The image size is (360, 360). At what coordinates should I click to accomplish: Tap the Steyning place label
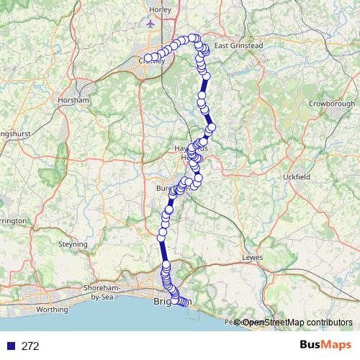[x=73, y=244]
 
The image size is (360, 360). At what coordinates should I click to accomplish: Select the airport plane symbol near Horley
[x=150, y=23]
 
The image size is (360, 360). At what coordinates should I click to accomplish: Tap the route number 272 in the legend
[x=30, y=346]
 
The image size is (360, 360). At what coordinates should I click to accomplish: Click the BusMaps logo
[x=325, y=346]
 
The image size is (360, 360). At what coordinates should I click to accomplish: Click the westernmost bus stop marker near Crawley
[x=148, y=58]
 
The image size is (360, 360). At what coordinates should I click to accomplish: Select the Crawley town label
[x=153, y=61]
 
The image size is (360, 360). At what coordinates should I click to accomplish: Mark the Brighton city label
[x=161, y=303]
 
